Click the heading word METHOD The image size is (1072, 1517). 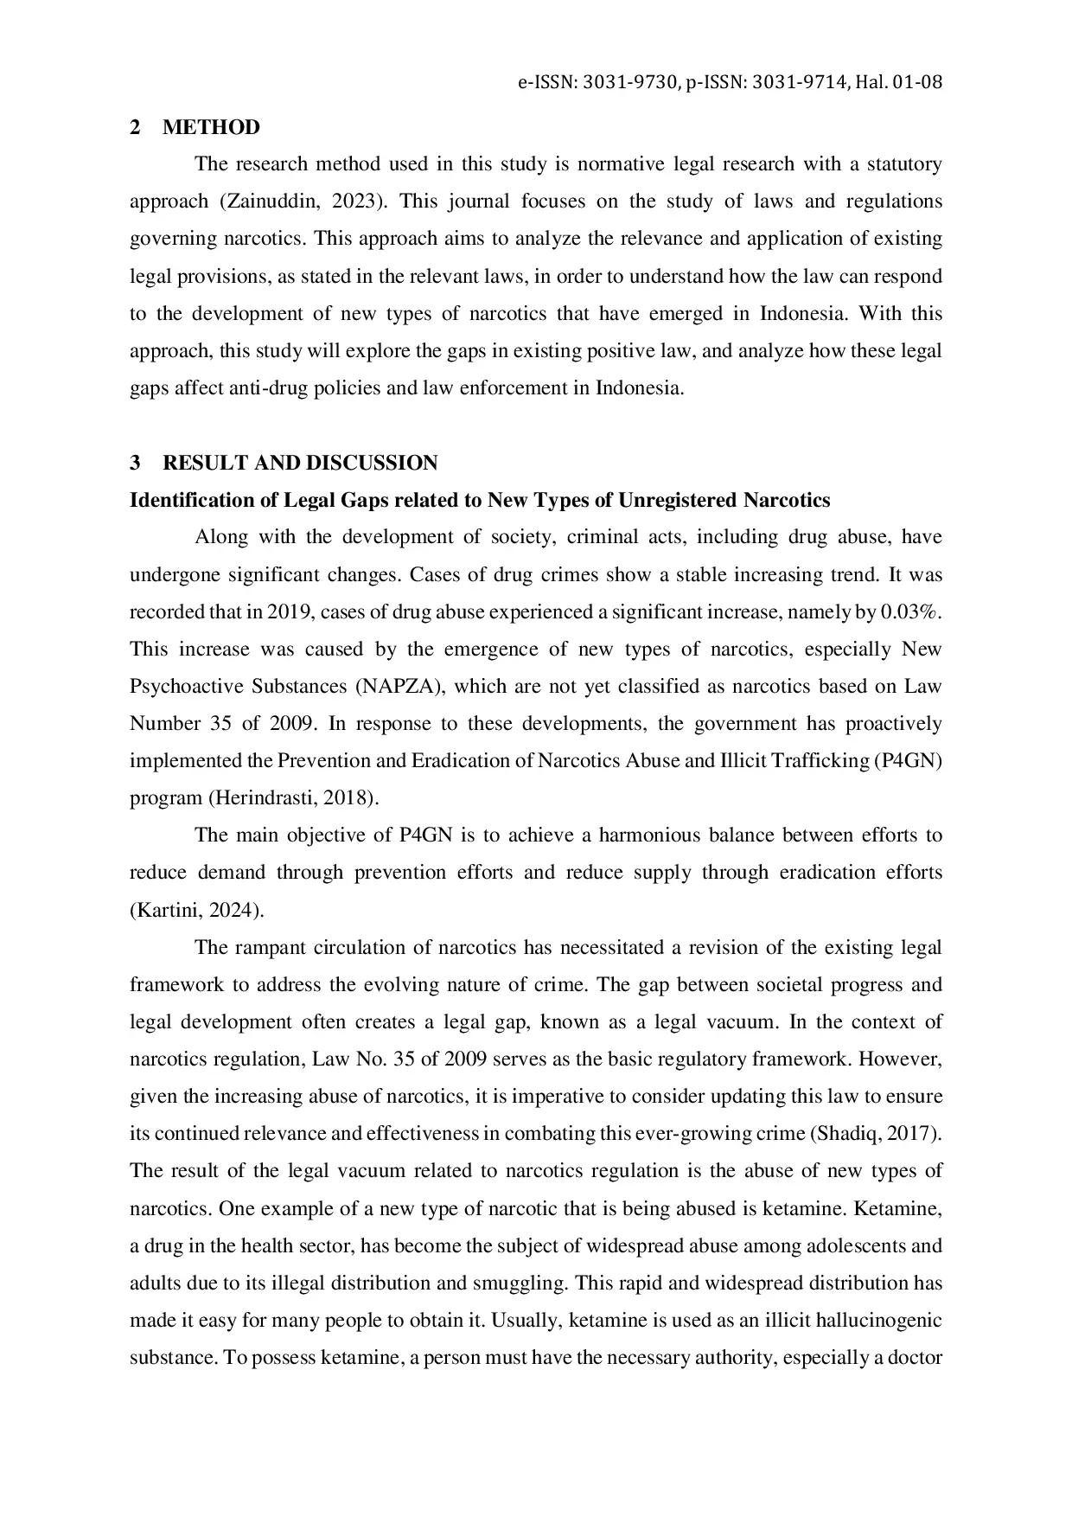click(211, 128)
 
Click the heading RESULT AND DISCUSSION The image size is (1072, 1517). click(300, 464)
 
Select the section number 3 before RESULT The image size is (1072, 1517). click(135, 464)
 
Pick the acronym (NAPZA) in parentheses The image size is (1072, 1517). click(399, 687)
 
